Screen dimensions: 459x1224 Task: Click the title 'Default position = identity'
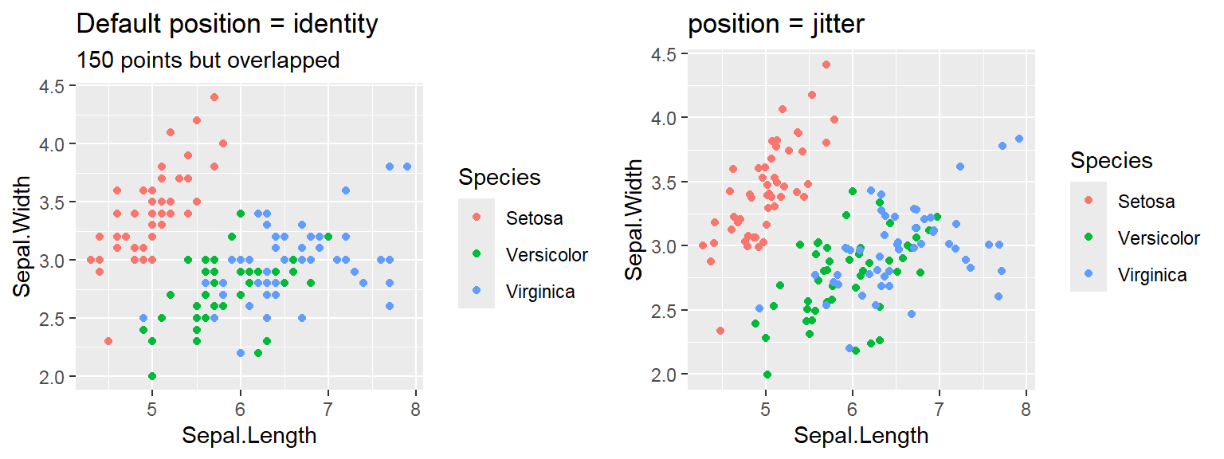[x=226, y=25]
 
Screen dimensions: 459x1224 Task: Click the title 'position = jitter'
[x=776, y=25]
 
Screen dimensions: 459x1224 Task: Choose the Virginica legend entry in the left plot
[x=540, y=292]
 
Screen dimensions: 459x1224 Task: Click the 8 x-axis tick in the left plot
[x=415, y=410]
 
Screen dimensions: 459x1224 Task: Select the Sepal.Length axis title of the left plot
[x=249, y=436]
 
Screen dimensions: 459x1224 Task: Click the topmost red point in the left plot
[x=214, y=97]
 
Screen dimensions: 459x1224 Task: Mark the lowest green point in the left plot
[x=152, y=376]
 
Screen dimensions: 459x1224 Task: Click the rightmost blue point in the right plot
[x=1018, y=139]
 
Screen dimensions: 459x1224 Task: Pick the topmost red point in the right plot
[x=826, y=65]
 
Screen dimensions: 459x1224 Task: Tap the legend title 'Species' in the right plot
[x=1111, y=161]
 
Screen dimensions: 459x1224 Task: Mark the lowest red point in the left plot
[x=108, y=341]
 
